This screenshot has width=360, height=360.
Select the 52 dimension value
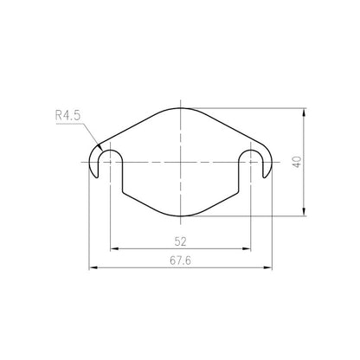180,241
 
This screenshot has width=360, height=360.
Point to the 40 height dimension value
298,162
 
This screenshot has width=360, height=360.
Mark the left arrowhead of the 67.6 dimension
93,269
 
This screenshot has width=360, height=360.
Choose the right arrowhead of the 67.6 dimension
270,269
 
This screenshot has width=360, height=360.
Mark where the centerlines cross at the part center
181,162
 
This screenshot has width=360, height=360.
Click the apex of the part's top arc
181,109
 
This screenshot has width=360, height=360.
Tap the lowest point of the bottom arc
181,215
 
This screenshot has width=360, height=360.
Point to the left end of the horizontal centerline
83,162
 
